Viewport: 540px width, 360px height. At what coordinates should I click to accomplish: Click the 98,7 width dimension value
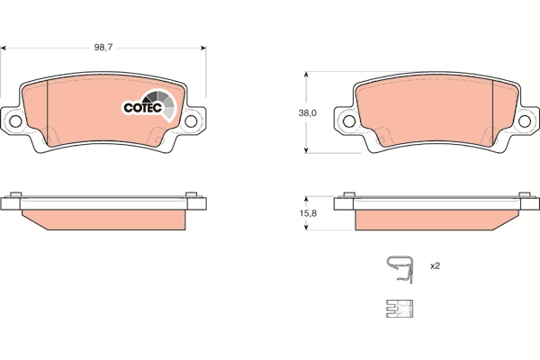(103, 48)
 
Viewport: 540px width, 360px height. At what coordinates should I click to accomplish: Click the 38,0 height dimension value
(308, 113)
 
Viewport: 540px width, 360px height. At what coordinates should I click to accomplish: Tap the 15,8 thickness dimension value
(308, 213)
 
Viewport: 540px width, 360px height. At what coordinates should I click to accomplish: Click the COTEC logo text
(142, 108)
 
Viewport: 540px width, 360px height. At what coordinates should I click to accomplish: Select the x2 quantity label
(435, 266)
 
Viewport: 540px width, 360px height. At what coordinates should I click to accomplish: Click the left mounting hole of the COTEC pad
(15, 121)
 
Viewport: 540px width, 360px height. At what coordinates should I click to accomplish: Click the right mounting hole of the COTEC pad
(191, 121)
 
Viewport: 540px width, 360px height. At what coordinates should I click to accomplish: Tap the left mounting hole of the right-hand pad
(349, 121)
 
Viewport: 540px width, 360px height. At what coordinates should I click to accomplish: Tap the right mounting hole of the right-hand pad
(525, 121)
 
